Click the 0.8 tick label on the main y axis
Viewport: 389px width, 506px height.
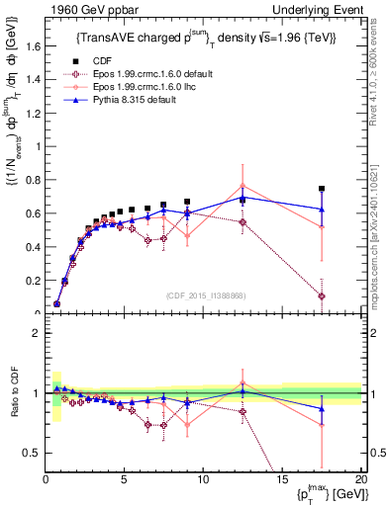coord(33,180)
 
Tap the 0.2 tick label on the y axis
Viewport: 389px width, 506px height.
coord(33,282)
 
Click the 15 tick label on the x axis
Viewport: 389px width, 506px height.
coord(282,479)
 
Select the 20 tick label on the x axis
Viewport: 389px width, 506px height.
coord(360,479)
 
